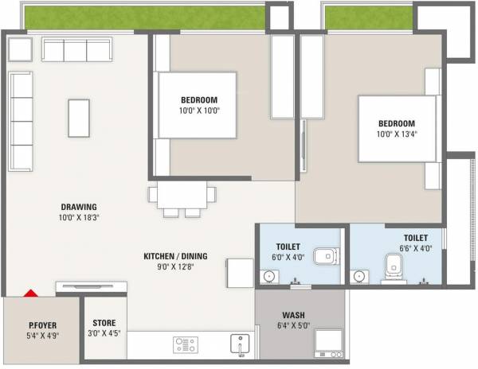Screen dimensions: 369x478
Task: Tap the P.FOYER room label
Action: point(41,324)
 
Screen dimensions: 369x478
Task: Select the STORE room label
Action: point(104,323)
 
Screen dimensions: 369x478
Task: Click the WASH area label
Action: point(293,315)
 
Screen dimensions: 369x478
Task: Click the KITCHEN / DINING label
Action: point(175,256)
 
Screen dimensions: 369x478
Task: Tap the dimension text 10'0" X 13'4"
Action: point(396,134)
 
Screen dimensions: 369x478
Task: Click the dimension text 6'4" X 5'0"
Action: point(293,326)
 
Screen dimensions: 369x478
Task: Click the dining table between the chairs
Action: point(182,196)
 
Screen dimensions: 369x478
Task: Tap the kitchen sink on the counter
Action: point(240,344)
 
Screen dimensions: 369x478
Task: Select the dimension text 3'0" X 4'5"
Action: point(104,334)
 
